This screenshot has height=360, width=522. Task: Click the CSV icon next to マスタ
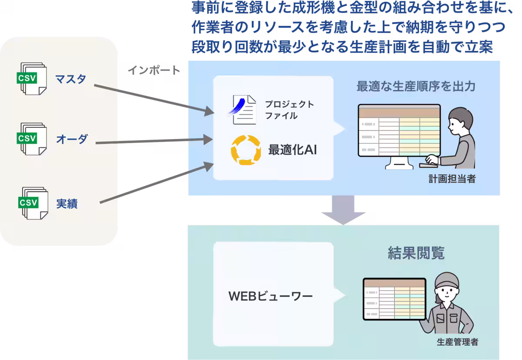tap(32, 79)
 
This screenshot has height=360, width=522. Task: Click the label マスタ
tap(70, 79)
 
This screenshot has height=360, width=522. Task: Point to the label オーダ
tap(72, 139)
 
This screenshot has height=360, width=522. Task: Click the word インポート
tap(154, 70)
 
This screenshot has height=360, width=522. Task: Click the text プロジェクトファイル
tap(289, 110)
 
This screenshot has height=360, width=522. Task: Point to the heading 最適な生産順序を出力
tap(415, 86)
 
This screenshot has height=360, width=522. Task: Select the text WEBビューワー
tap(271, 297)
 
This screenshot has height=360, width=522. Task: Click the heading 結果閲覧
tap(416, 253)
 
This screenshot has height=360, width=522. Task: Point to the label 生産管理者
tap(457, 342)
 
